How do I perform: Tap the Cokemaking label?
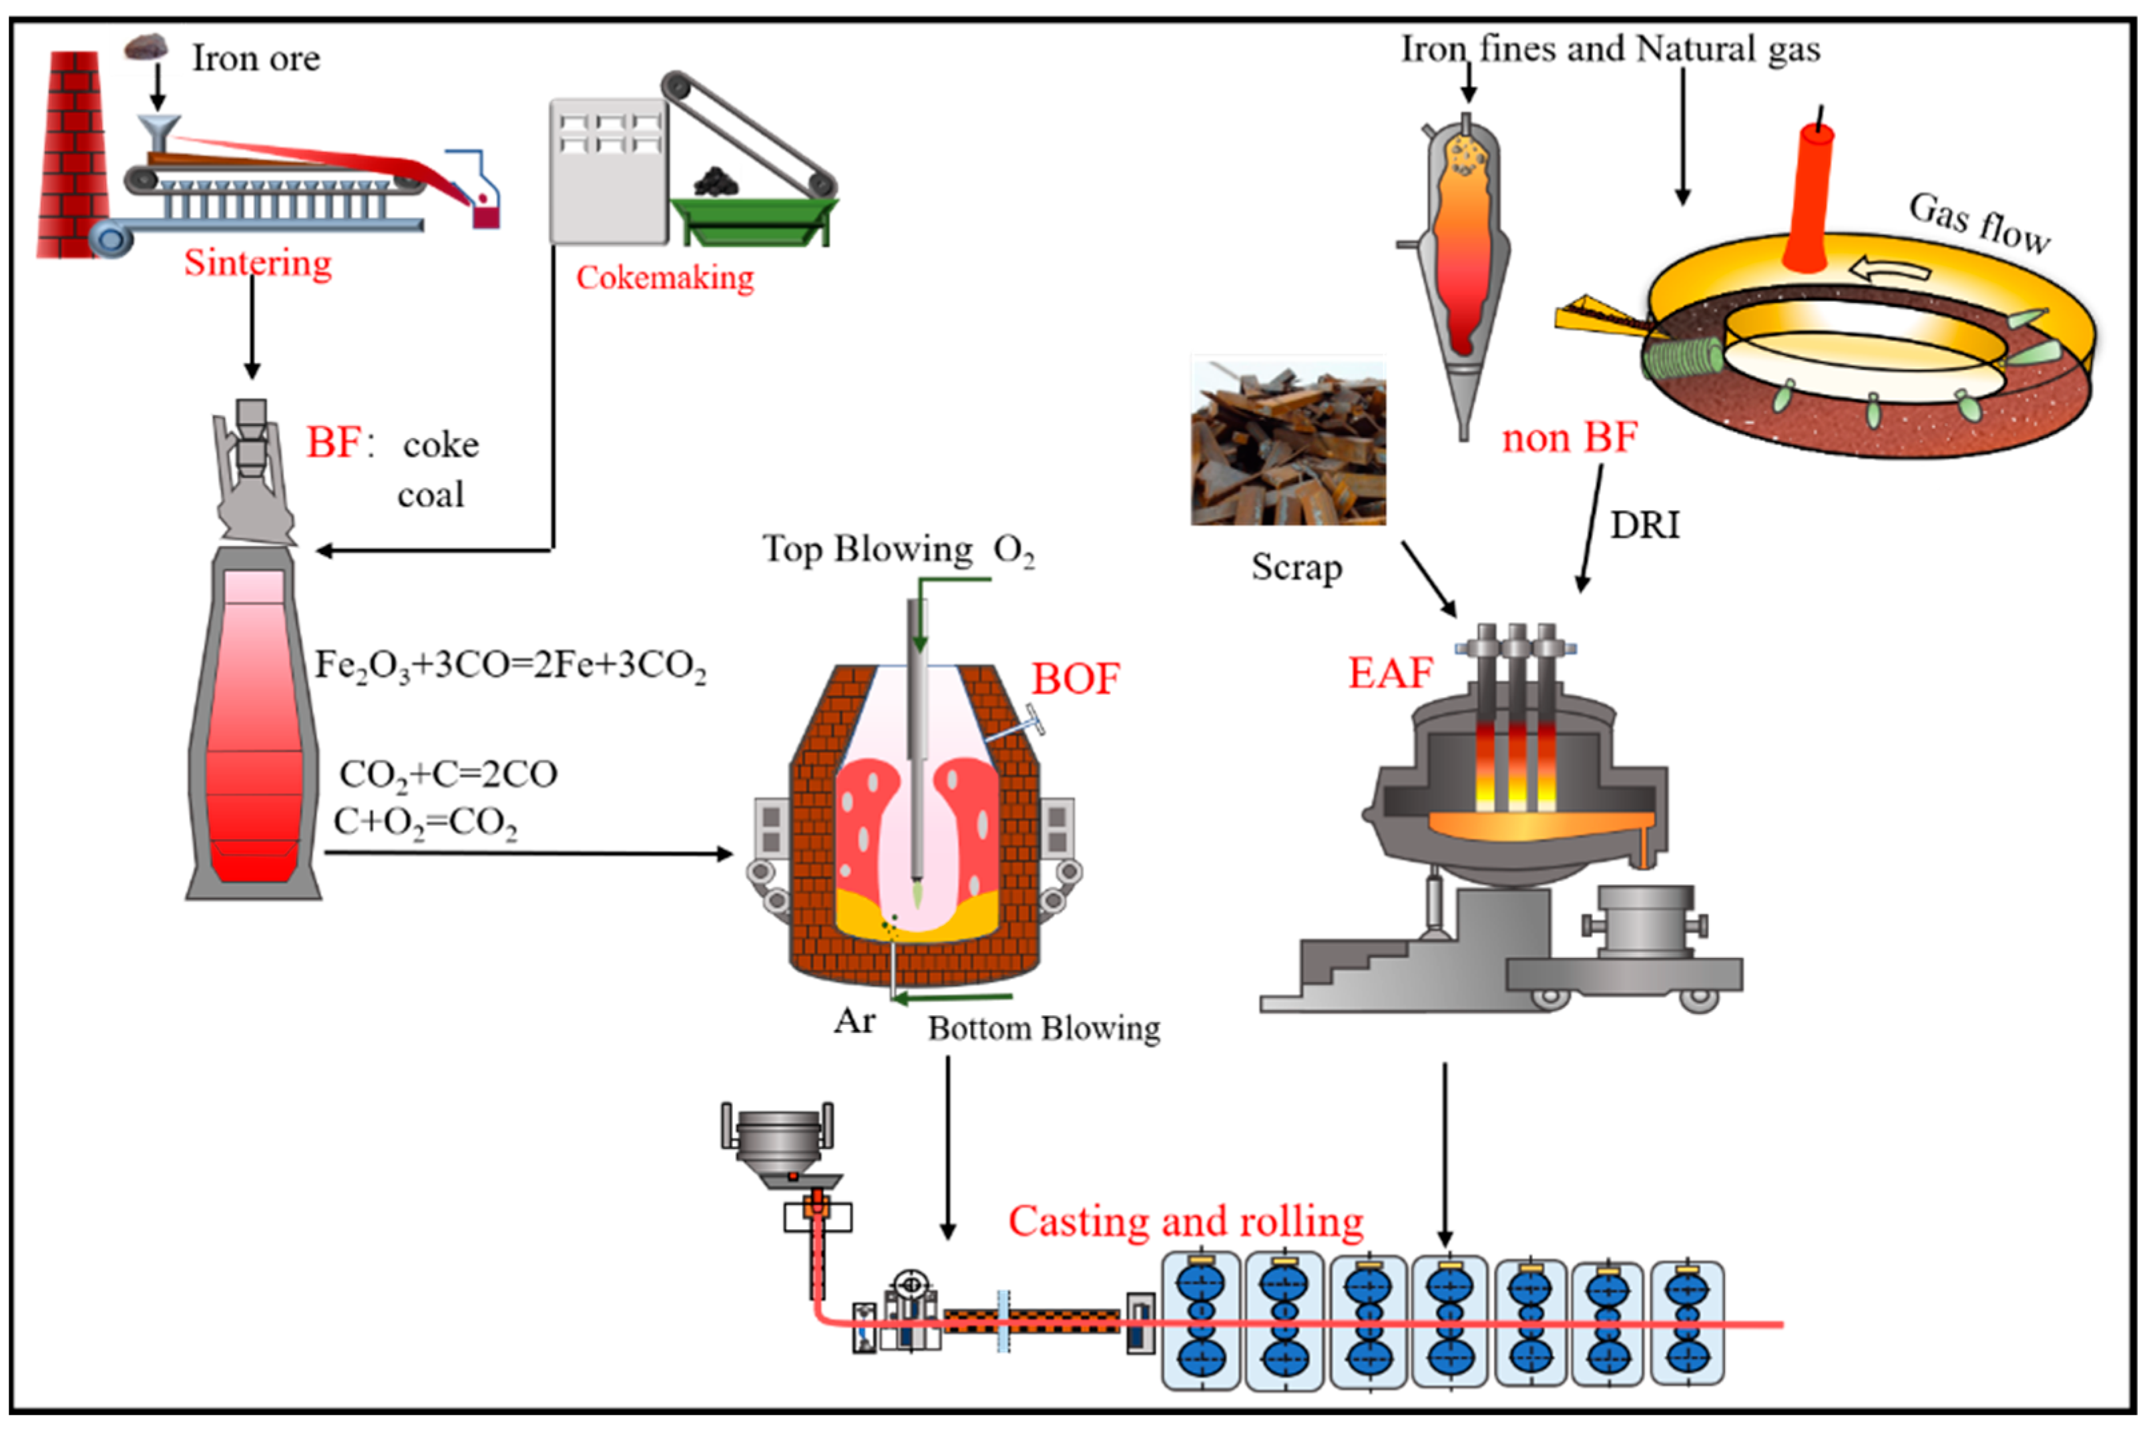coord(665,277)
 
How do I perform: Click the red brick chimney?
coord(73,155)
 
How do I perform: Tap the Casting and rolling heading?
coord(1185,1221)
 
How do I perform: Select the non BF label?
coord(1568,438)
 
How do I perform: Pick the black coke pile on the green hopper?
coord(716,182)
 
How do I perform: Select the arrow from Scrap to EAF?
coord(1429,578)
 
